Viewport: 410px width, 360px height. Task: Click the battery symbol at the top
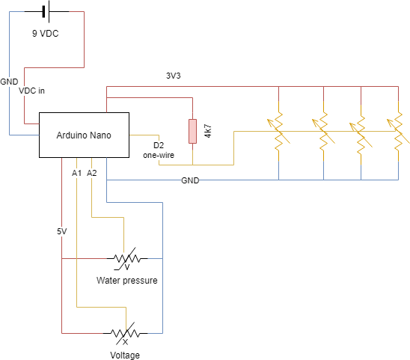coord(45,11)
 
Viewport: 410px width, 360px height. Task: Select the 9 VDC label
coord(45,34)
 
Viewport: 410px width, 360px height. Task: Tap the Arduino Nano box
coord(84,135)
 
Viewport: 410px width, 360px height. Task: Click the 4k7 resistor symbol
coord(192,131)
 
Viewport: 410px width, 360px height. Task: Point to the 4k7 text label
coord(208,131)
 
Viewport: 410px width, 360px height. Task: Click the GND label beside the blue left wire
coord(10,81)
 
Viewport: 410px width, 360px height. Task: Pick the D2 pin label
coord(158,145)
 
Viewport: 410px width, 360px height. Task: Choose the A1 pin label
coord(76,173)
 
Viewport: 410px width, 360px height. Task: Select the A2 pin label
coord(92,173)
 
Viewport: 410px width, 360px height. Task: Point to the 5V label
coord(61,231)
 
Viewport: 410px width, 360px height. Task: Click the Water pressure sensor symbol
coord(124,259)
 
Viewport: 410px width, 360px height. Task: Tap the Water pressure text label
coord(126,281)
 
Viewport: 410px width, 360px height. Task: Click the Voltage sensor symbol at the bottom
coord(124,332)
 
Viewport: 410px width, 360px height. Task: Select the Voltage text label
coord(125,356)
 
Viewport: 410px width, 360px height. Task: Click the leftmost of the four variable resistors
coord(278,131)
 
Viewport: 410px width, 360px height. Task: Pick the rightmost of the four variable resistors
coord(397,131)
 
